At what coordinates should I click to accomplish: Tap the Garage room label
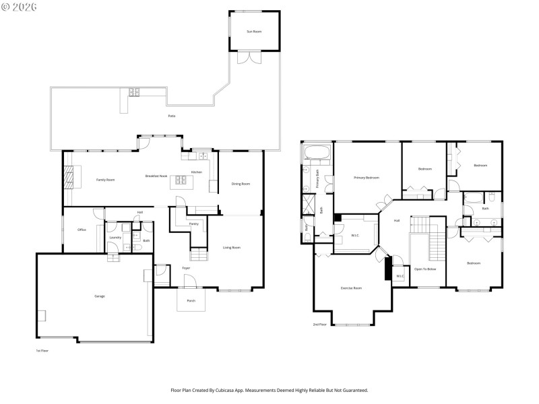tap(99, 296)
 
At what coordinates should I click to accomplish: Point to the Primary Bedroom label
tap(367, 178)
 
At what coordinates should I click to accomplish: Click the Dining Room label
tap(241, 184)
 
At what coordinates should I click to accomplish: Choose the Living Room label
tap(232, 248)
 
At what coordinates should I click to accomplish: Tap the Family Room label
tap(105, 180)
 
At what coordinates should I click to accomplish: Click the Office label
tap(82, 230)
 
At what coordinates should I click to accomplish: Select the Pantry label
tap(193, 224)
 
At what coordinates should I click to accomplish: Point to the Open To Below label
tap(425, 269)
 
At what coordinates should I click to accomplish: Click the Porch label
tap(191, 300)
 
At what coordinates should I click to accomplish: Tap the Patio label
tap(172, 116)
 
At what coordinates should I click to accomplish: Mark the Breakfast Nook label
tap(156, 176)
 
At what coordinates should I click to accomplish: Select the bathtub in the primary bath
tap(317, 152)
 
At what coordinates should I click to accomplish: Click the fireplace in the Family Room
tap(69, 177)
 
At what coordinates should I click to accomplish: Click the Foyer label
tap(186, 268)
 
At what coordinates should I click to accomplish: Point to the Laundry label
tap(115, 237)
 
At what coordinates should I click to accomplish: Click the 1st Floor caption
tap(42, 351)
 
